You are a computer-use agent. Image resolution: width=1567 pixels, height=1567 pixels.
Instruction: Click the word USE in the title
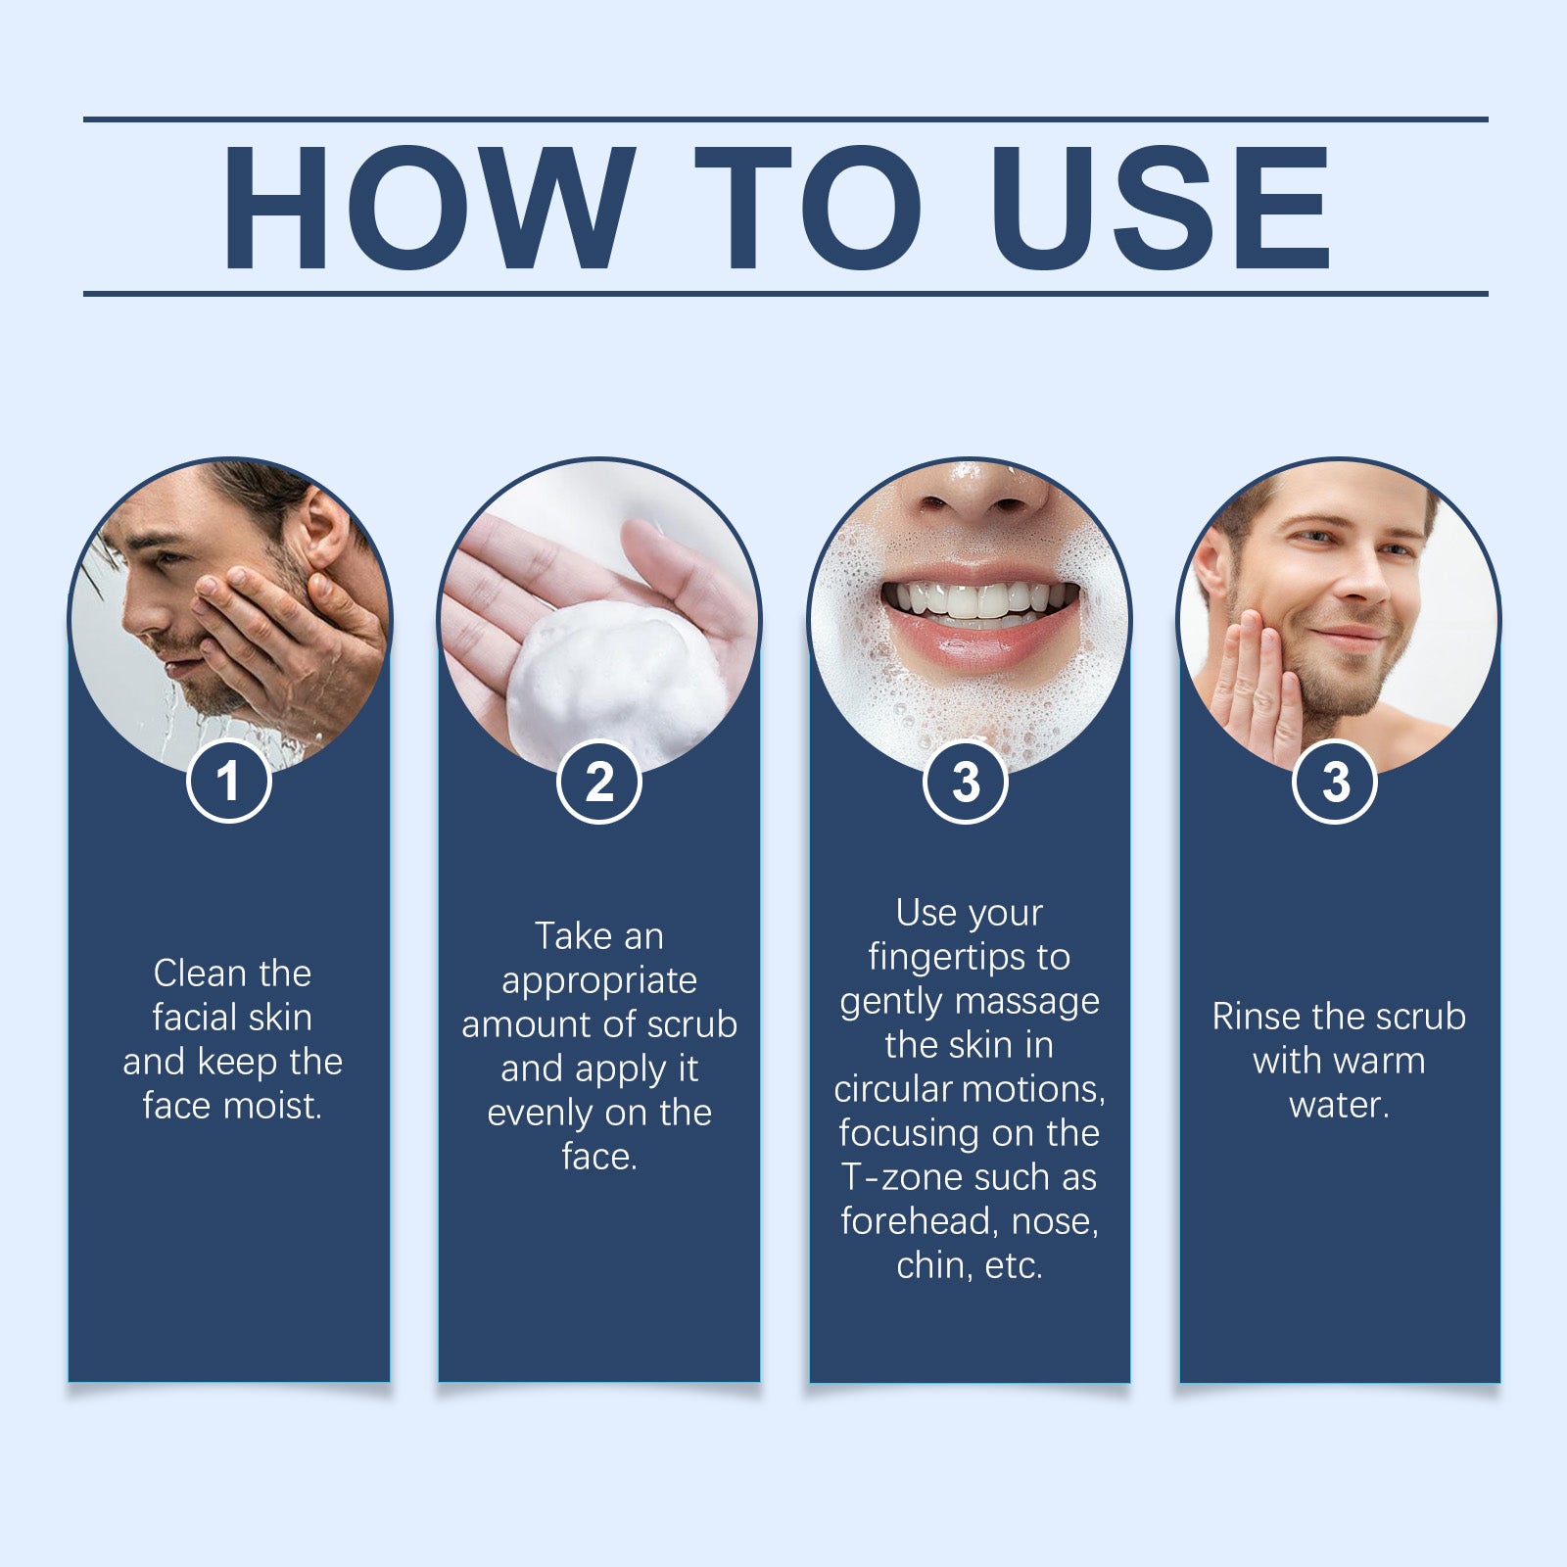tap(1164, 208)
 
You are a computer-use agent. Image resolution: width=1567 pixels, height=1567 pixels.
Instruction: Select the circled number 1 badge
tap(228, 782)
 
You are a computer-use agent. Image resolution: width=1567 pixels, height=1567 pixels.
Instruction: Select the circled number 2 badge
tap(598, 782)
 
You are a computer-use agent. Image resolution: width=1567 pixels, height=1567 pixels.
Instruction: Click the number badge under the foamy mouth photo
tap(966, 782)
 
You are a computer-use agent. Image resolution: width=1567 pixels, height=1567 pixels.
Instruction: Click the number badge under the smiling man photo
tap(1335, 782)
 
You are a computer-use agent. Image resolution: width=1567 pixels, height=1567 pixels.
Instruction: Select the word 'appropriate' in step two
tap(599, 980)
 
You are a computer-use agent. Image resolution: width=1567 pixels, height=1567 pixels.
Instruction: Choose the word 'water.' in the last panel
tap(1339, 1105)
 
